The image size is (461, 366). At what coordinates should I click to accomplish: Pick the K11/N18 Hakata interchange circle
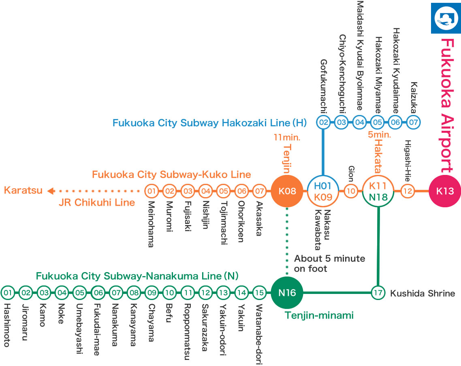pyautogui.click(x=378, y=191)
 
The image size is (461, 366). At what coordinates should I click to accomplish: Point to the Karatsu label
pyautogui.click(x=23, y=190)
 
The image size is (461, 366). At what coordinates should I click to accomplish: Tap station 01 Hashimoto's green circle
pyautogui.click(x=7, y=292)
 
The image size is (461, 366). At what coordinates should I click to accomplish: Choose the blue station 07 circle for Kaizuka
pyautogui.click(x=414, y=122)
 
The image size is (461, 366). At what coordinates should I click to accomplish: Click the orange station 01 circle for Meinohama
pyautogui.click(x=152, y=191)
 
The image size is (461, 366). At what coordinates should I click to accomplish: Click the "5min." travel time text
pyautogui.click(x=379, y=134)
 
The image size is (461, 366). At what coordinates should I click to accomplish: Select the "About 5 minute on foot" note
pyautogui.click(x=329, y=263)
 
